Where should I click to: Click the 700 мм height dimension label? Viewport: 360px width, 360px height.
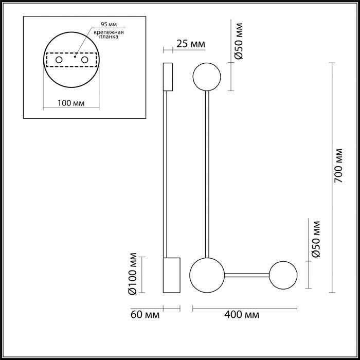click(x=338, y=166)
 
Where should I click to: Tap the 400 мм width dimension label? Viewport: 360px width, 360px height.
click(x=242, y=315)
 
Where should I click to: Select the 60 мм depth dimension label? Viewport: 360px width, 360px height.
click(x=145, y=315)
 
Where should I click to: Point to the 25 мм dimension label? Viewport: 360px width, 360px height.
click(x=191, y=44)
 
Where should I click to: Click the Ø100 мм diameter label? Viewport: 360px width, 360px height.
click(x=133, y=274)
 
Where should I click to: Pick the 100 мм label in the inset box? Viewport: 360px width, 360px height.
click(x=71, y=103)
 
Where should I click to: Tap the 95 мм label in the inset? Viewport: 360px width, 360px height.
click(x=109, y=24)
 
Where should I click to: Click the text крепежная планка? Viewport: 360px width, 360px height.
click(x=109, y=34)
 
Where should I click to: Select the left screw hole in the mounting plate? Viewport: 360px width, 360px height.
click(x=59, y=60)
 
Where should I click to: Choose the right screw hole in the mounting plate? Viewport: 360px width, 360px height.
click(x=85, y=60)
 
